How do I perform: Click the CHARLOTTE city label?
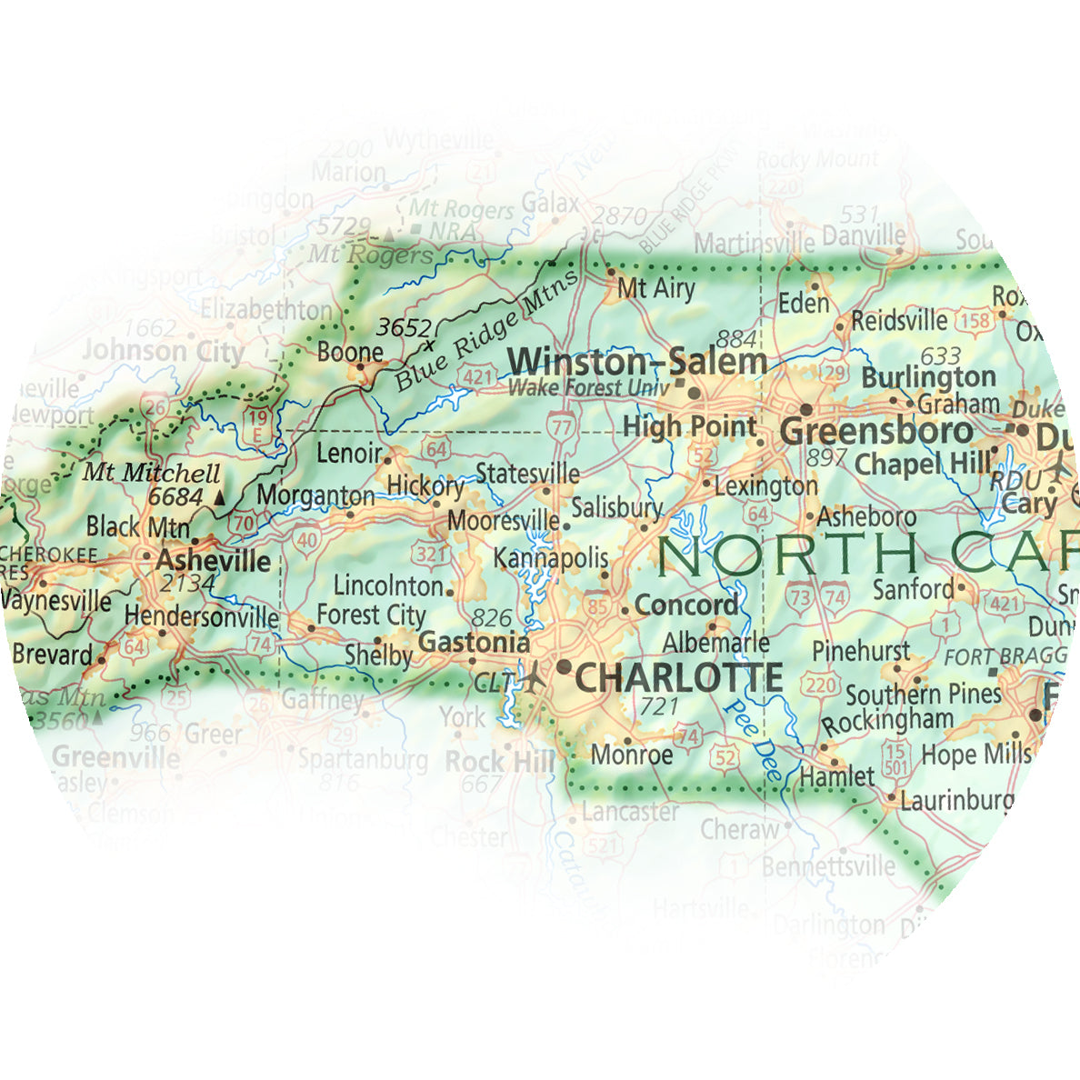tap(679, 677)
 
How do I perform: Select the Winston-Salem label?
tap(637, 361)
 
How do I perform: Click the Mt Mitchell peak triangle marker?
tap(218, 498)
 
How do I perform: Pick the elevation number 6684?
tap(175, 497)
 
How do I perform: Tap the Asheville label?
tap(214, 559)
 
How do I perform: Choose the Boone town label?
tap(350, 352)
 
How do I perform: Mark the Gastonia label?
tap(473, 642)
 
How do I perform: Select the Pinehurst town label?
tap(860, 651)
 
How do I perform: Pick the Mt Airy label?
tap(655, 289)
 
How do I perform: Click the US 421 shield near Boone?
tap(481, 376)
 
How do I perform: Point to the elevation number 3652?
tap(403, 326)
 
